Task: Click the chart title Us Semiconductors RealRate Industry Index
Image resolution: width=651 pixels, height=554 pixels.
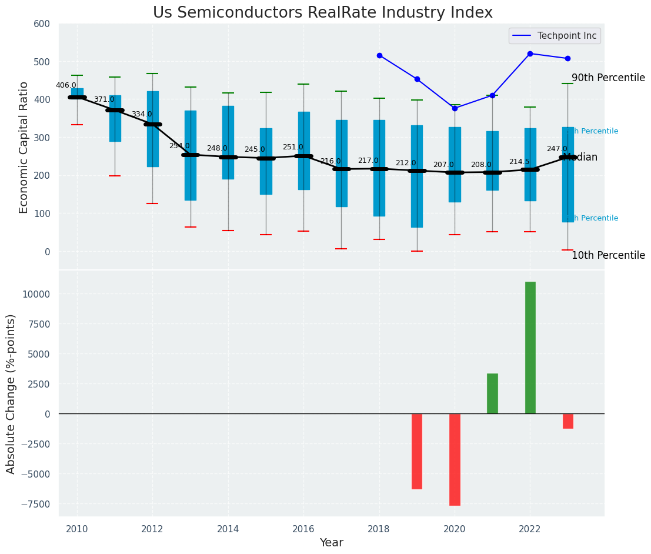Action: pos(322,13)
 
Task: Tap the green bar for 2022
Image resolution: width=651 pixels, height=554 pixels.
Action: pos(530,348)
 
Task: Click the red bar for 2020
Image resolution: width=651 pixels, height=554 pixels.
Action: pos(455,459)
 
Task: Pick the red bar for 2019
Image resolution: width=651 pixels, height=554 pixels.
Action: pos(417,451)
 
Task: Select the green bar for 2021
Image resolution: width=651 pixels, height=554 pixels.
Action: pos(492,393)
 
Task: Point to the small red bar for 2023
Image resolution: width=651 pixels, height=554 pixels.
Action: pos(567,421)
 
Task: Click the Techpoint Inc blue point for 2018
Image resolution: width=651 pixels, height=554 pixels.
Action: pos(379,55)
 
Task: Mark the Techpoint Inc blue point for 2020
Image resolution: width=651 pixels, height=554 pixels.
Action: pos(455,108)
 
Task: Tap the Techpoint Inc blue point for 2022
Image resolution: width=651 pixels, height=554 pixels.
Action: pos(530,54)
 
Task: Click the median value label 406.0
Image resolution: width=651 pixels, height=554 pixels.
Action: pos(66,85)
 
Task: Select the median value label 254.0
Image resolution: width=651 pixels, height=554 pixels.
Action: pos(179,146)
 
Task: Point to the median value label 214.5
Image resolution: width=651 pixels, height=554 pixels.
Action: pos(519,162)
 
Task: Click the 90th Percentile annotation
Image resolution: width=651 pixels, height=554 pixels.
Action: pos(608,78)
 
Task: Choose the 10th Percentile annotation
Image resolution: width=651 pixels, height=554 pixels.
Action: pos(608,255)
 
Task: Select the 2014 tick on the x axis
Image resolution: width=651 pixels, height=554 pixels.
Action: pos(228,529)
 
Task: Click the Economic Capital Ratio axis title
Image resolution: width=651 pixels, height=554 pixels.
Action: pos(24,147)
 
